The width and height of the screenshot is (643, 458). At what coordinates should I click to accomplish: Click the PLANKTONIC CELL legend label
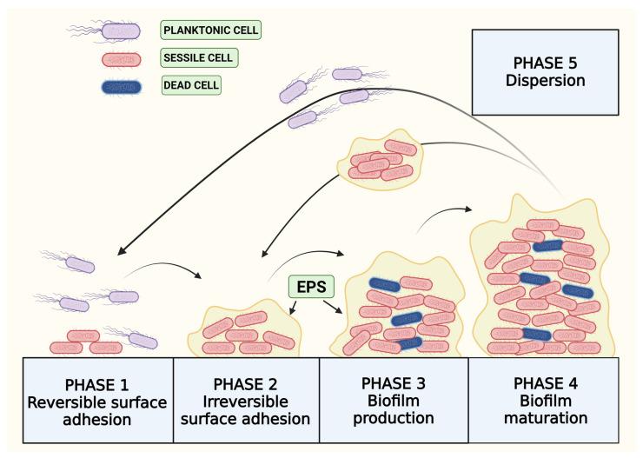pyautogui.click(x=211, y=31)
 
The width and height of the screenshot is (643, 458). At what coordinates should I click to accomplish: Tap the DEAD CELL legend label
pyautogui.click(x=192, y=87)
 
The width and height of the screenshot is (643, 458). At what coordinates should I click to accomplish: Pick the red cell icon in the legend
pyautogui.click(x=119, y=59)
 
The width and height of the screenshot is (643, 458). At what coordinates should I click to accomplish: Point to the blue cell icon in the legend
pyautogui.click(x=119, y=87)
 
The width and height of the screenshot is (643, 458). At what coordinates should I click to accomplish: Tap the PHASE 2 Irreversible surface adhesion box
pyautogui.click(x=248, y=401)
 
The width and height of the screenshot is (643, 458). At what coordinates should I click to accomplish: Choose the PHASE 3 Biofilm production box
pyautogui.click(x=394, y=401)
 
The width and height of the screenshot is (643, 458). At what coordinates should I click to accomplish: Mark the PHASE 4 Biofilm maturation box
pyautogui.click(x=544, y=401)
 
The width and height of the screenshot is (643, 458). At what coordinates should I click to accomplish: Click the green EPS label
pyautogui.click(x=309, y=286)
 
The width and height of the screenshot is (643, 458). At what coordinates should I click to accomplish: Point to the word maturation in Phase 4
pyautogui.click(x=544, y=417)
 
